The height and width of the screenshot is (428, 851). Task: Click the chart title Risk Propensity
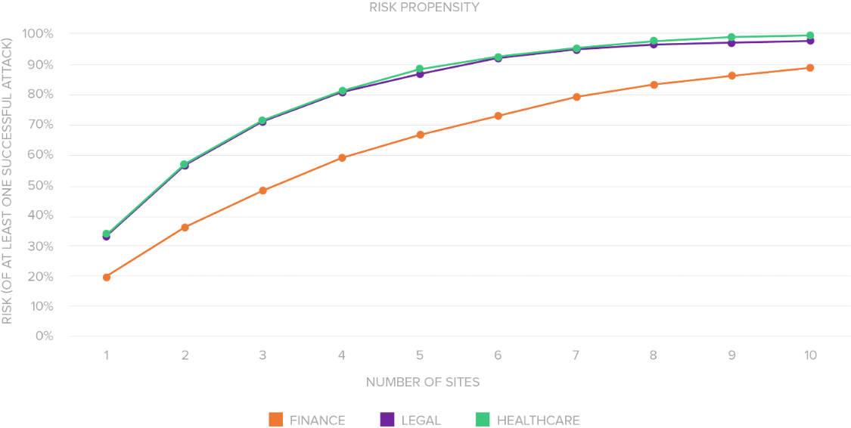pyautogui.click(x=424, y=8)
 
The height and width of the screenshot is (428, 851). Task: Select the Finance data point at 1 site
pyautogui.click(x=107, y=278)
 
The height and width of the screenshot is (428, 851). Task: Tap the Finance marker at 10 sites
pyautogui.click(x=810, y=68)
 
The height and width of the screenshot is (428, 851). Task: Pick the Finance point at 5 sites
pyautogui.click(x=420, y=135)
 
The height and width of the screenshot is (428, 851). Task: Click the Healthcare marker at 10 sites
pyautogui.click(x=810, y=35)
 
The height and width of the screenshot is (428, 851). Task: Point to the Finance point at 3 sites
pyautogui.click(x=263, y=191)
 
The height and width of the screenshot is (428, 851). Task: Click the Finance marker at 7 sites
pyautogui.click(x=576, y=97)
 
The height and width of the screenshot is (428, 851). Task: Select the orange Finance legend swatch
pyautogui.click(x=275, y=420)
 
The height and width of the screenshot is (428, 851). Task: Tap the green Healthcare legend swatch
pyautogui.click(x=482, y=420)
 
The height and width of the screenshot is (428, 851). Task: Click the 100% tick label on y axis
pyautogui.click(x=39, y=34)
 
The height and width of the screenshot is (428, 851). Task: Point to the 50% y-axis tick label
pyautogui.click(x=41, y=186)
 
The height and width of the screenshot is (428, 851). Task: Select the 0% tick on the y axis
pyautogui.click(x=45, y=336)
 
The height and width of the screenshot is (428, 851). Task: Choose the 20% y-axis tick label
pyautogui.click(x=41, y=277)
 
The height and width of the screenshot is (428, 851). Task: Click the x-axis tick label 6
pyautogui.click(x=498, y=355)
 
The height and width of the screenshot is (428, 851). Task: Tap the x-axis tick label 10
pyautogui.click(x=810, y=355)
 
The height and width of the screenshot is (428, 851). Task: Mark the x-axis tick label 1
pyautogui.click(x=107, y=355)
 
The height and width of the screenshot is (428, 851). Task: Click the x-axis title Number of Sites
pyautogui.click(x=423, y=382)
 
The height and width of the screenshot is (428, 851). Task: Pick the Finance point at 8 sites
pyautogui.click(x=654, y=85)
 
